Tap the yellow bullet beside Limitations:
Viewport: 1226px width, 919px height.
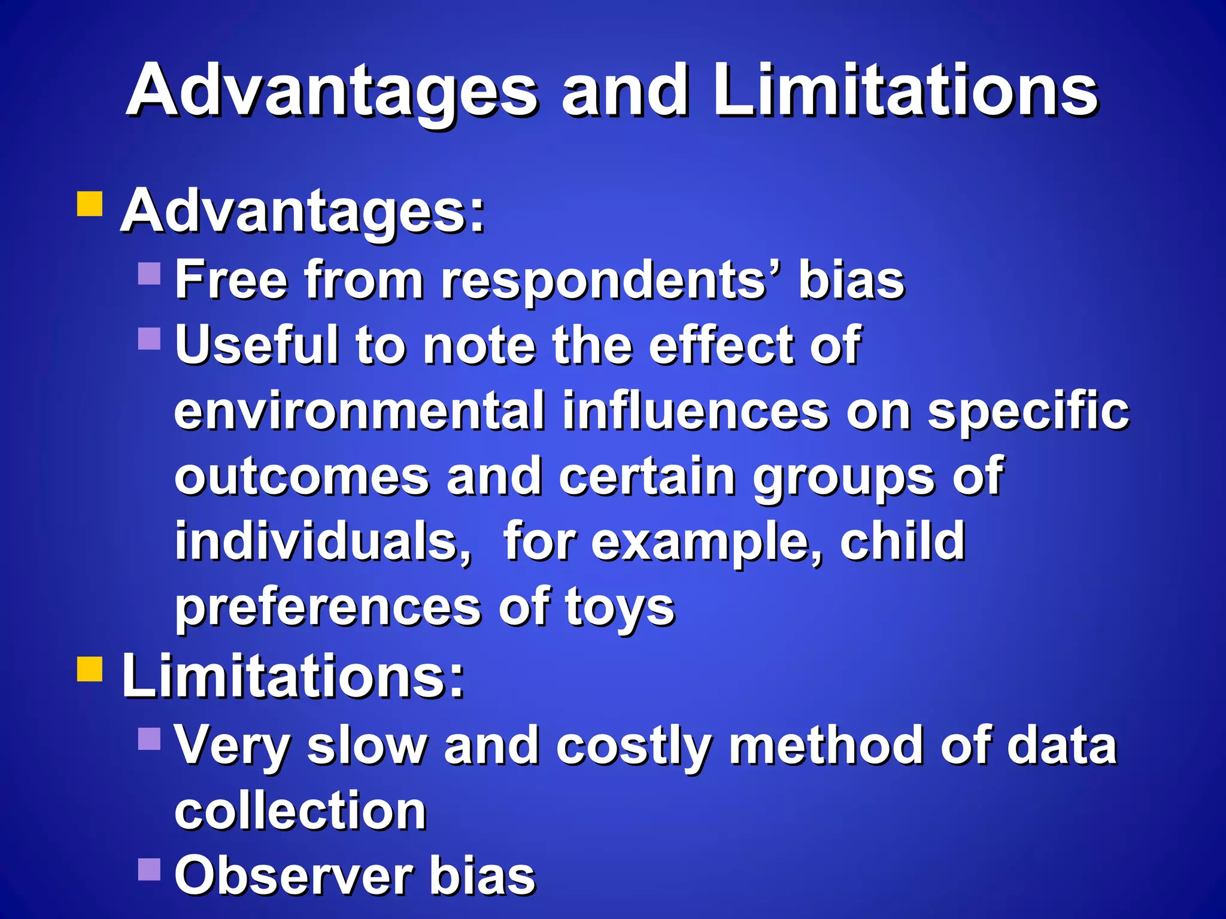pos(90,669)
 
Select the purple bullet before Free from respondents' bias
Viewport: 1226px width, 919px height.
pos(149,273)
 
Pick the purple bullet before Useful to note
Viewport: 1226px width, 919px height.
pos(149,339)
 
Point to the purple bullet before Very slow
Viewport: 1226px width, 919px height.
pos(149,738)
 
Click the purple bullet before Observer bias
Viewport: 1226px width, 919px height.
pos(149,869)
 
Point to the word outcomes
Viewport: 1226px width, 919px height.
pos(302,476)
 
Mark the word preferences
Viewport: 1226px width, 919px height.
pos(328,608)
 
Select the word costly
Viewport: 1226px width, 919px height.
pos(635,747)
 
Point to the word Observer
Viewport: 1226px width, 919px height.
pos(293,876)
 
